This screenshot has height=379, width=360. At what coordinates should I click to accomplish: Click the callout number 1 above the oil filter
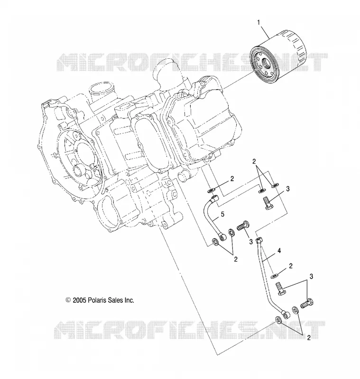[258, 23]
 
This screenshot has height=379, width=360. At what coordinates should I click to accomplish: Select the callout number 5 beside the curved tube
[222, 214]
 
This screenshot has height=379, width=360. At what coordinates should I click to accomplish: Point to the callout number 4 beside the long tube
[279, 251]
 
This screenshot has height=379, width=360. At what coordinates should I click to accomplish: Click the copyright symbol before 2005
[68, 300]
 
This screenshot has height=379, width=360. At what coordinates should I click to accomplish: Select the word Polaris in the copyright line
[97, 300]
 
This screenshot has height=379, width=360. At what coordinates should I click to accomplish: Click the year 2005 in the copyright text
[80, 300]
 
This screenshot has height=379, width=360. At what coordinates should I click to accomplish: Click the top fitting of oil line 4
[259, 241]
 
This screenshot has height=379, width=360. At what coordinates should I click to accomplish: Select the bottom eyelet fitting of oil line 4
[286, 315]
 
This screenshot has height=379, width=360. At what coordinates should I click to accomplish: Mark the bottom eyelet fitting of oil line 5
[222, 236]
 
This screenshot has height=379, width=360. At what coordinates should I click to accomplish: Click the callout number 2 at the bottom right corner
[309, 338]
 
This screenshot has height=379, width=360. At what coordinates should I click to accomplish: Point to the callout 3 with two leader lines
[311, 277]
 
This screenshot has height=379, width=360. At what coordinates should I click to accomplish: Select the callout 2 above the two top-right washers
[254, 162]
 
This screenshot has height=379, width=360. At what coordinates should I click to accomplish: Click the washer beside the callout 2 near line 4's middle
[274, 275]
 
